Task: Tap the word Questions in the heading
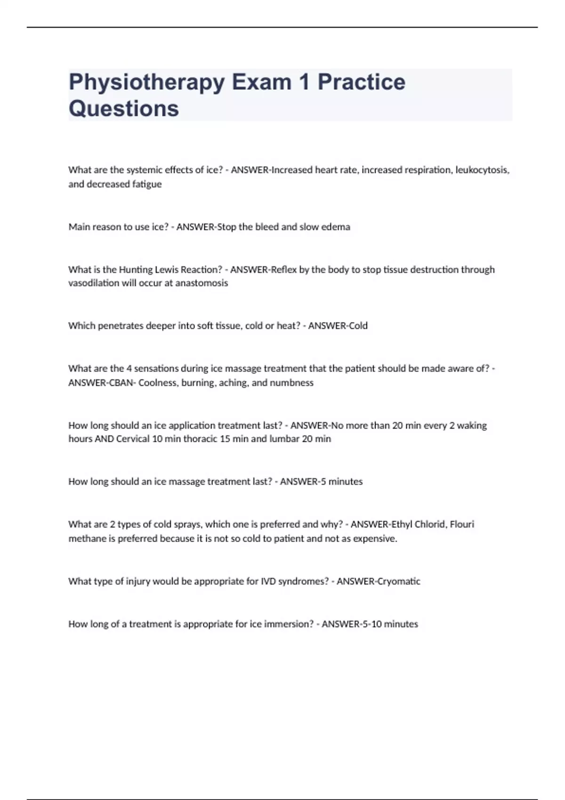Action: (124, 109)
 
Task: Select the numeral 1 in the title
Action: (304, 82)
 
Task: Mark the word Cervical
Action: (133, 439)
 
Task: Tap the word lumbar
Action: (284, 439)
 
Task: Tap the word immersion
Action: (288, 624)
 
